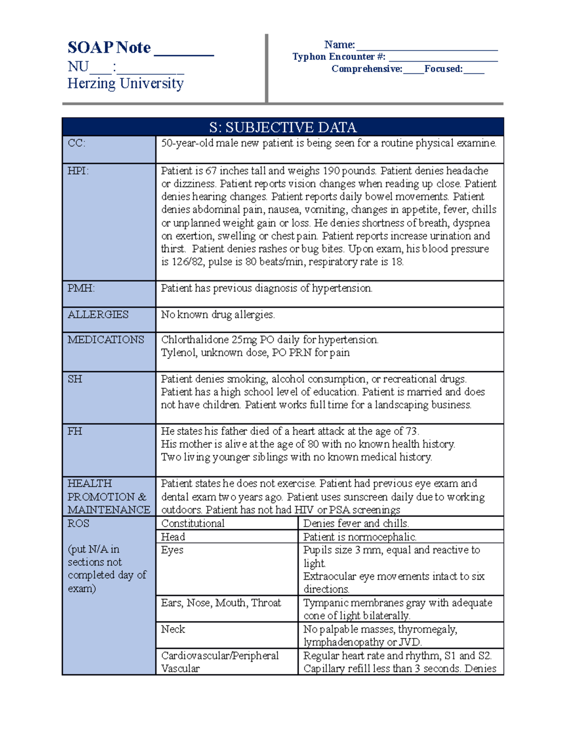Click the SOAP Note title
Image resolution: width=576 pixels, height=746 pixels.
tap(109, 48)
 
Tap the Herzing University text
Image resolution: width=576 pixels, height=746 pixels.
tap(125, 84)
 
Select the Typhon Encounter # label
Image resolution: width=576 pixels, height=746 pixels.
tap(338, 57)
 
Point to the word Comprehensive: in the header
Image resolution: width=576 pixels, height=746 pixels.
tap(367, 69)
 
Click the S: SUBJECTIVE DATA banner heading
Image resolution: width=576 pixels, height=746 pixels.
tap(283, 127)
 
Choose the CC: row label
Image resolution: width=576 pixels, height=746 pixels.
tap(76, 143)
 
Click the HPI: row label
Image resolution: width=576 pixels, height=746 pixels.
tap(78, 171)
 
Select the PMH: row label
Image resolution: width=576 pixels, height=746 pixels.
tap(81, 288)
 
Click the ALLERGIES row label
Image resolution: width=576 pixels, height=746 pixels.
tap(98, 315)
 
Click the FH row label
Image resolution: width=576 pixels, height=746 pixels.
tap(74, 431)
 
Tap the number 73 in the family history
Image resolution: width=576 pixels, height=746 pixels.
tap(412, 431)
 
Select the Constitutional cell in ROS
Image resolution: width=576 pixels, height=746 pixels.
tap(192, 523)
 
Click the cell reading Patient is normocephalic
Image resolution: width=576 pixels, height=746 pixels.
tap(360, 537)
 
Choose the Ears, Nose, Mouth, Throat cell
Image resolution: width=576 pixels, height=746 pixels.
tap(221, 603)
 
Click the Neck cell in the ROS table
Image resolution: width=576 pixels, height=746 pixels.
tap(173, 629)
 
